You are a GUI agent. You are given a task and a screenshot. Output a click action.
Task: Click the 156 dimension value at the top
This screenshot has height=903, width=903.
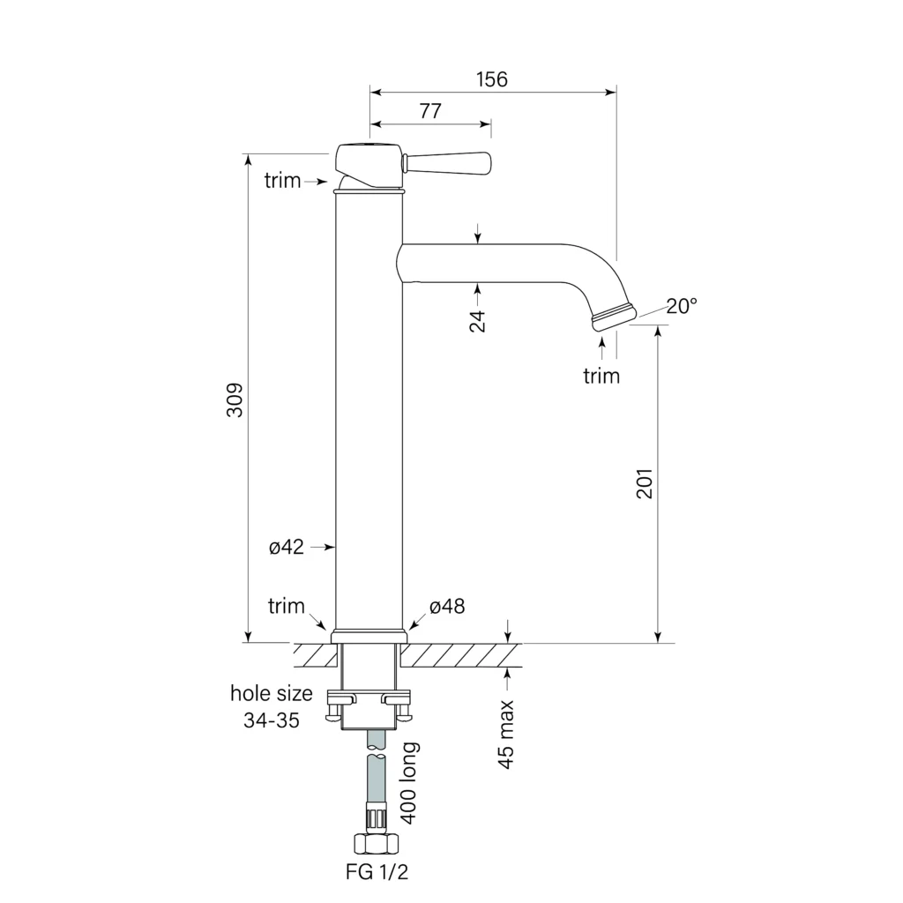tap(492, 79)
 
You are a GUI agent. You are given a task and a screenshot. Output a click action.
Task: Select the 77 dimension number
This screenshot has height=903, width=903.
tap(430, 111)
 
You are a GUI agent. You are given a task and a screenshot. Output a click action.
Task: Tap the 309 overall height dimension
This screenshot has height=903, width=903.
tap(235, 401)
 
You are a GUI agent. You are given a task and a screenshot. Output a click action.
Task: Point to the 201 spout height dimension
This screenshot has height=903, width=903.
tap(645, 482)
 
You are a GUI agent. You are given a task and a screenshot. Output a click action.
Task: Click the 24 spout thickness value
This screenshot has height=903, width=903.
tap(478, 321)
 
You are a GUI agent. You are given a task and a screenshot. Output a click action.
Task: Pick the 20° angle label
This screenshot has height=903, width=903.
tap(681, 306)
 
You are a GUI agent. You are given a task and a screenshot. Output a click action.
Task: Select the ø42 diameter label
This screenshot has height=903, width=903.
tap(287, 548)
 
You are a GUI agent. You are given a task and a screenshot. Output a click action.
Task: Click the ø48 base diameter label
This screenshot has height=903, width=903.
tap(447, 607)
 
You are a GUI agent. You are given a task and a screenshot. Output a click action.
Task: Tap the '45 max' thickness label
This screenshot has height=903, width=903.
tap(506, 735)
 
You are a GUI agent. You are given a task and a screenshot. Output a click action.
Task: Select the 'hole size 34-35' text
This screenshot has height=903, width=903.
tap(272, 706)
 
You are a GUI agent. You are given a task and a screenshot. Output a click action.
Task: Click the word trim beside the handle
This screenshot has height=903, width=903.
tap(282, 181)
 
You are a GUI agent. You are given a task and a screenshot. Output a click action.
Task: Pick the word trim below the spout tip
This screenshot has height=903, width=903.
tap(601, 377)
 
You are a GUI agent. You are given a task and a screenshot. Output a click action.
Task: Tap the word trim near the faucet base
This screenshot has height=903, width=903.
tap(287, 607)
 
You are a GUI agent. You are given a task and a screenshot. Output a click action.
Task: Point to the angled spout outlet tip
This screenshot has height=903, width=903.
tap(612, 317)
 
